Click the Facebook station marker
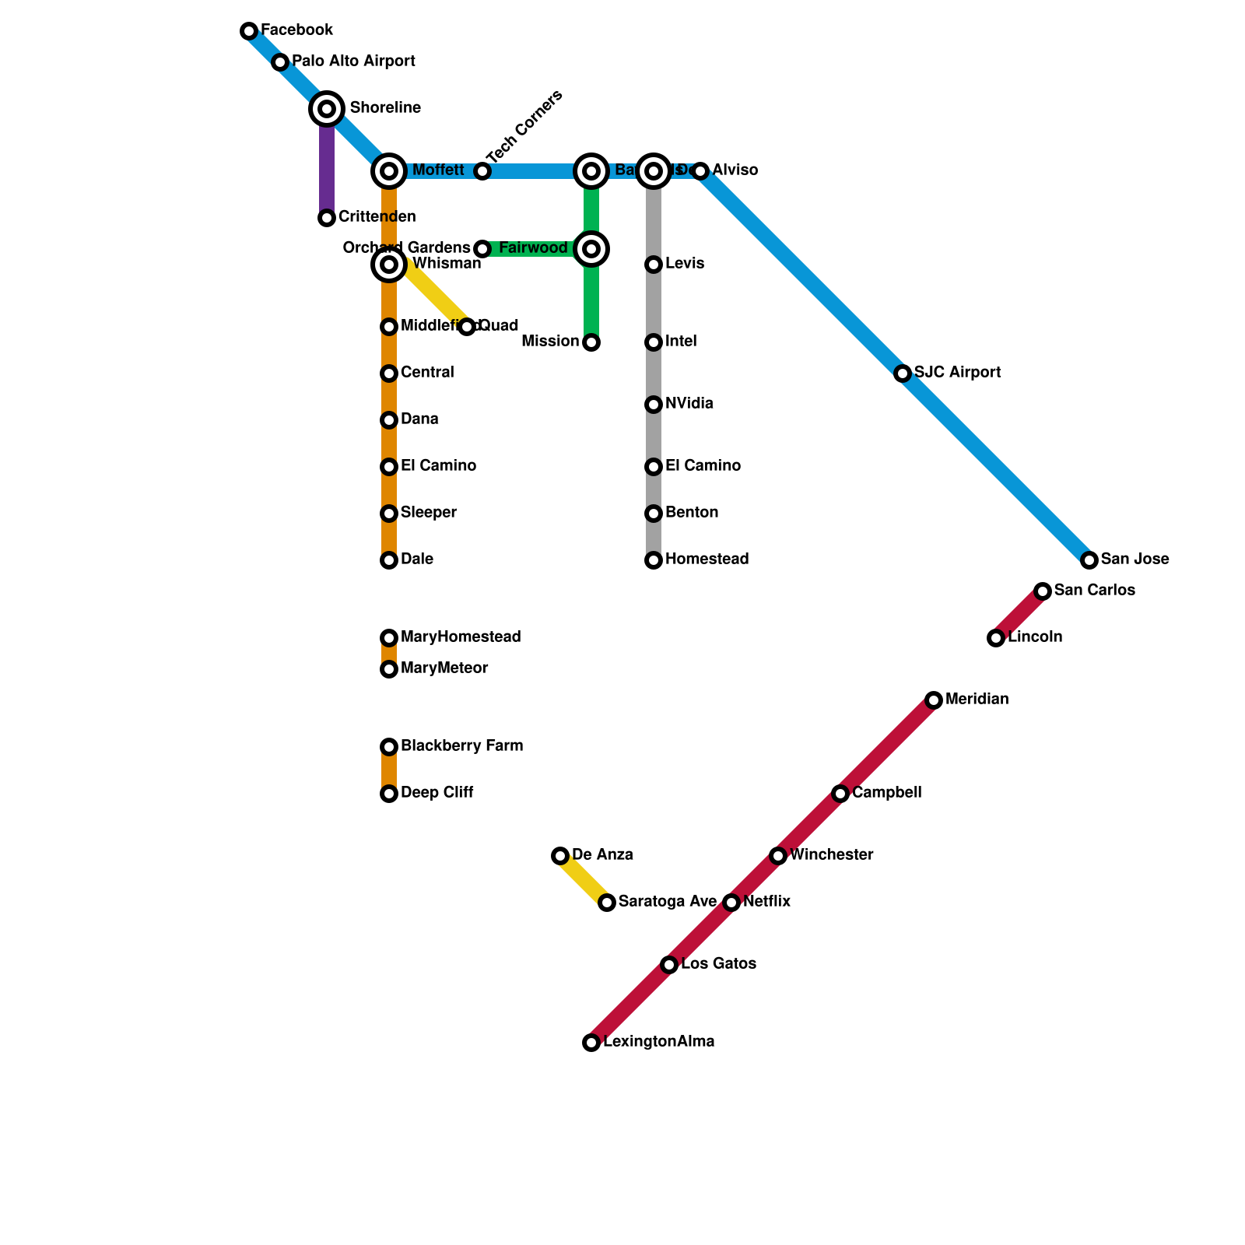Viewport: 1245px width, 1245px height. tap(249, 31)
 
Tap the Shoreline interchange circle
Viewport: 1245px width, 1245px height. tap(328, 109)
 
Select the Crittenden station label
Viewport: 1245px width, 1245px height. tap(377, 217)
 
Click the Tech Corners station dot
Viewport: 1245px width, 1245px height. tap(482, 171)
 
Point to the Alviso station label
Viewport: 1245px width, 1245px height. tap(735, 170)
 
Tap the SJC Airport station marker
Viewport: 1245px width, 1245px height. tap(903, 373)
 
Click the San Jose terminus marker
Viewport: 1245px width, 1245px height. tap(1089, 560)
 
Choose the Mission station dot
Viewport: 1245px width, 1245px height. tap(591, 342)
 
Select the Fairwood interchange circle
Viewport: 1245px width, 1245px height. tap(591, 249)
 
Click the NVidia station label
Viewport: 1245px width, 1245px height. tap(689, 404)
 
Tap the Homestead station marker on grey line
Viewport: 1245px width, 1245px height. tap(654, 560)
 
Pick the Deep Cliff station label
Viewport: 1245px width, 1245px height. tap(437, 793)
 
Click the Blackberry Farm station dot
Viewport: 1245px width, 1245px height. tap(389, 747)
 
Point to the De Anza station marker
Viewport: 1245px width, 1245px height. tap(560, 856)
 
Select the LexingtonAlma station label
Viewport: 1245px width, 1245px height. tap(659, 1042)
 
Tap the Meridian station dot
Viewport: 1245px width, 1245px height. tap(934, 700)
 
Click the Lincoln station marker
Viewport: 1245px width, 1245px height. tap(996, 638)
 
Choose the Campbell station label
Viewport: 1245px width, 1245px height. tap(887, 793)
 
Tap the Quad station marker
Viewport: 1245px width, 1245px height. tap(467, 327)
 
